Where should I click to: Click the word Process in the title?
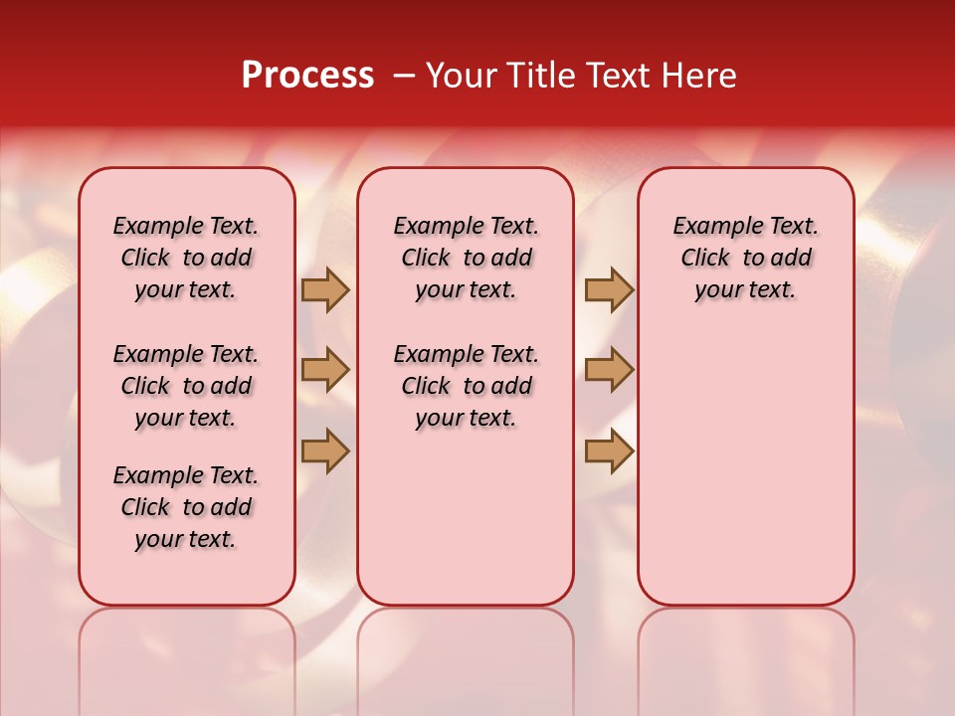[307, 76]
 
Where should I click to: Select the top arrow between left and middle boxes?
[325, 290]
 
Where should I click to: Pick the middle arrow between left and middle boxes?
[325, 370]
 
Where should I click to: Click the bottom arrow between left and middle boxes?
[325, 450]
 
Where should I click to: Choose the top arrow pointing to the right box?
[609, 290]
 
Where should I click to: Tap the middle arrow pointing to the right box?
[609, 370]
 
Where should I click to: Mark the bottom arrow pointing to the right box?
[609, 450]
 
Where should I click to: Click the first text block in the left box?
[186, 258]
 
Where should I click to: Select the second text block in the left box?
[186, 386]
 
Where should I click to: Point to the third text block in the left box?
[186, 507]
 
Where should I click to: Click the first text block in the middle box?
[466, 258]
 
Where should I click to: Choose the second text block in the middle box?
[466, 386]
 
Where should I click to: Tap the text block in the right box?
[746, 258]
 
